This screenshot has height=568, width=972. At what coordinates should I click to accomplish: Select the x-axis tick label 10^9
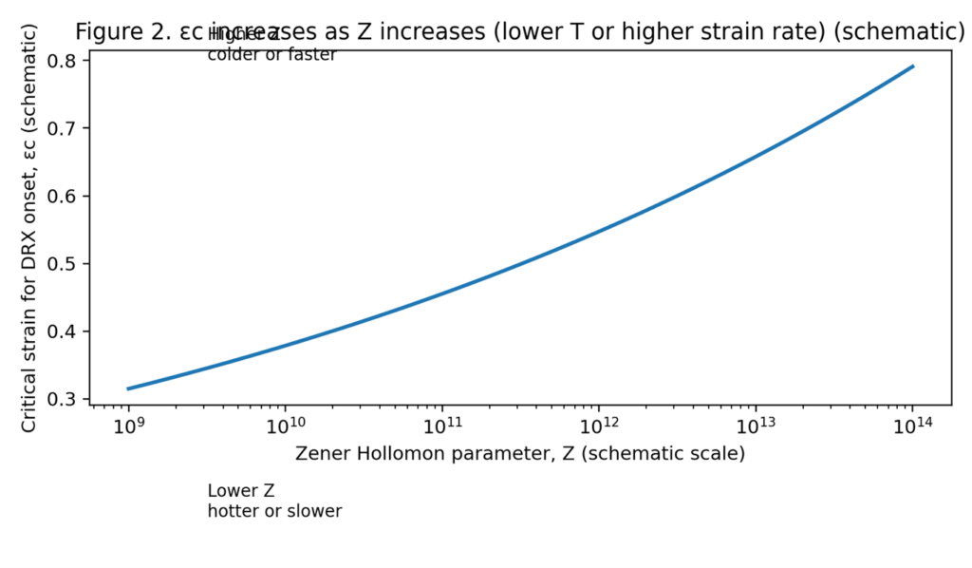pyautogui.click(x=128, y=426)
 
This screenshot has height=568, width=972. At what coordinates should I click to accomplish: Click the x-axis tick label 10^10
pyautogui.click(x=285, y=426)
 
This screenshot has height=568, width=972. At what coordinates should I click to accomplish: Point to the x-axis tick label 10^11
pyautogui.click(x=441, y=426)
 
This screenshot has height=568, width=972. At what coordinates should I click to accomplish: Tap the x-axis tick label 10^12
pyautogui.click(x=598, y=426)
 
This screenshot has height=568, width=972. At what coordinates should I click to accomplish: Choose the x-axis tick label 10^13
pyautogui.click(x=755, y=426)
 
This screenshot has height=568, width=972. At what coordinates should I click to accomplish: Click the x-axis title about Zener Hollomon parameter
pyautogui.click(x=520, y=454)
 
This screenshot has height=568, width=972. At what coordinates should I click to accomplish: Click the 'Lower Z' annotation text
pyautogui.click(x=240, y=491)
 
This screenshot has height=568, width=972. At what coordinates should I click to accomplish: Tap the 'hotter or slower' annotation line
pyautogui.click(x=274, y=511)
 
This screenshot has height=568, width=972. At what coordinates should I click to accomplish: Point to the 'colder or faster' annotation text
pyautogui.click(x=271, y=55)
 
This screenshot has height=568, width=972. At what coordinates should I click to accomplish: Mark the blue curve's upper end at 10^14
pyautogui.click(x=912, y=66)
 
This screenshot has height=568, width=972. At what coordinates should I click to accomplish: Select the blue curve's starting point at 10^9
pyautogui.click(x=128, y=388)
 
